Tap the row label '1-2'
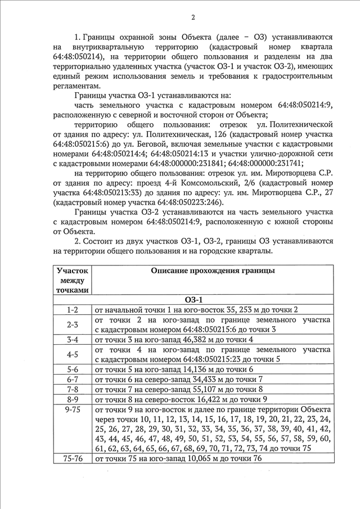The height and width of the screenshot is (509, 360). coord(72,309)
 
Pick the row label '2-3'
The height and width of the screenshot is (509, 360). coord(72,325)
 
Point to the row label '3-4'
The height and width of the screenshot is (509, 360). coord(72,339)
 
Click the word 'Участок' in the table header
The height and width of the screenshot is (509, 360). coord(72,271)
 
